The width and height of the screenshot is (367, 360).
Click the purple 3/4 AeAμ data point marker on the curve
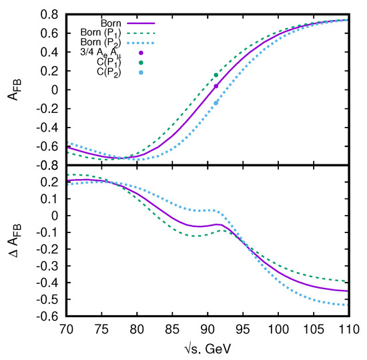point(216,86)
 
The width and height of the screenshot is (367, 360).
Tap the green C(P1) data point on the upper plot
point(216,75)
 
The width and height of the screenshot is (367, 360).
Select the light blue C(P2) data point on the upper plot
point(216,103)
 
